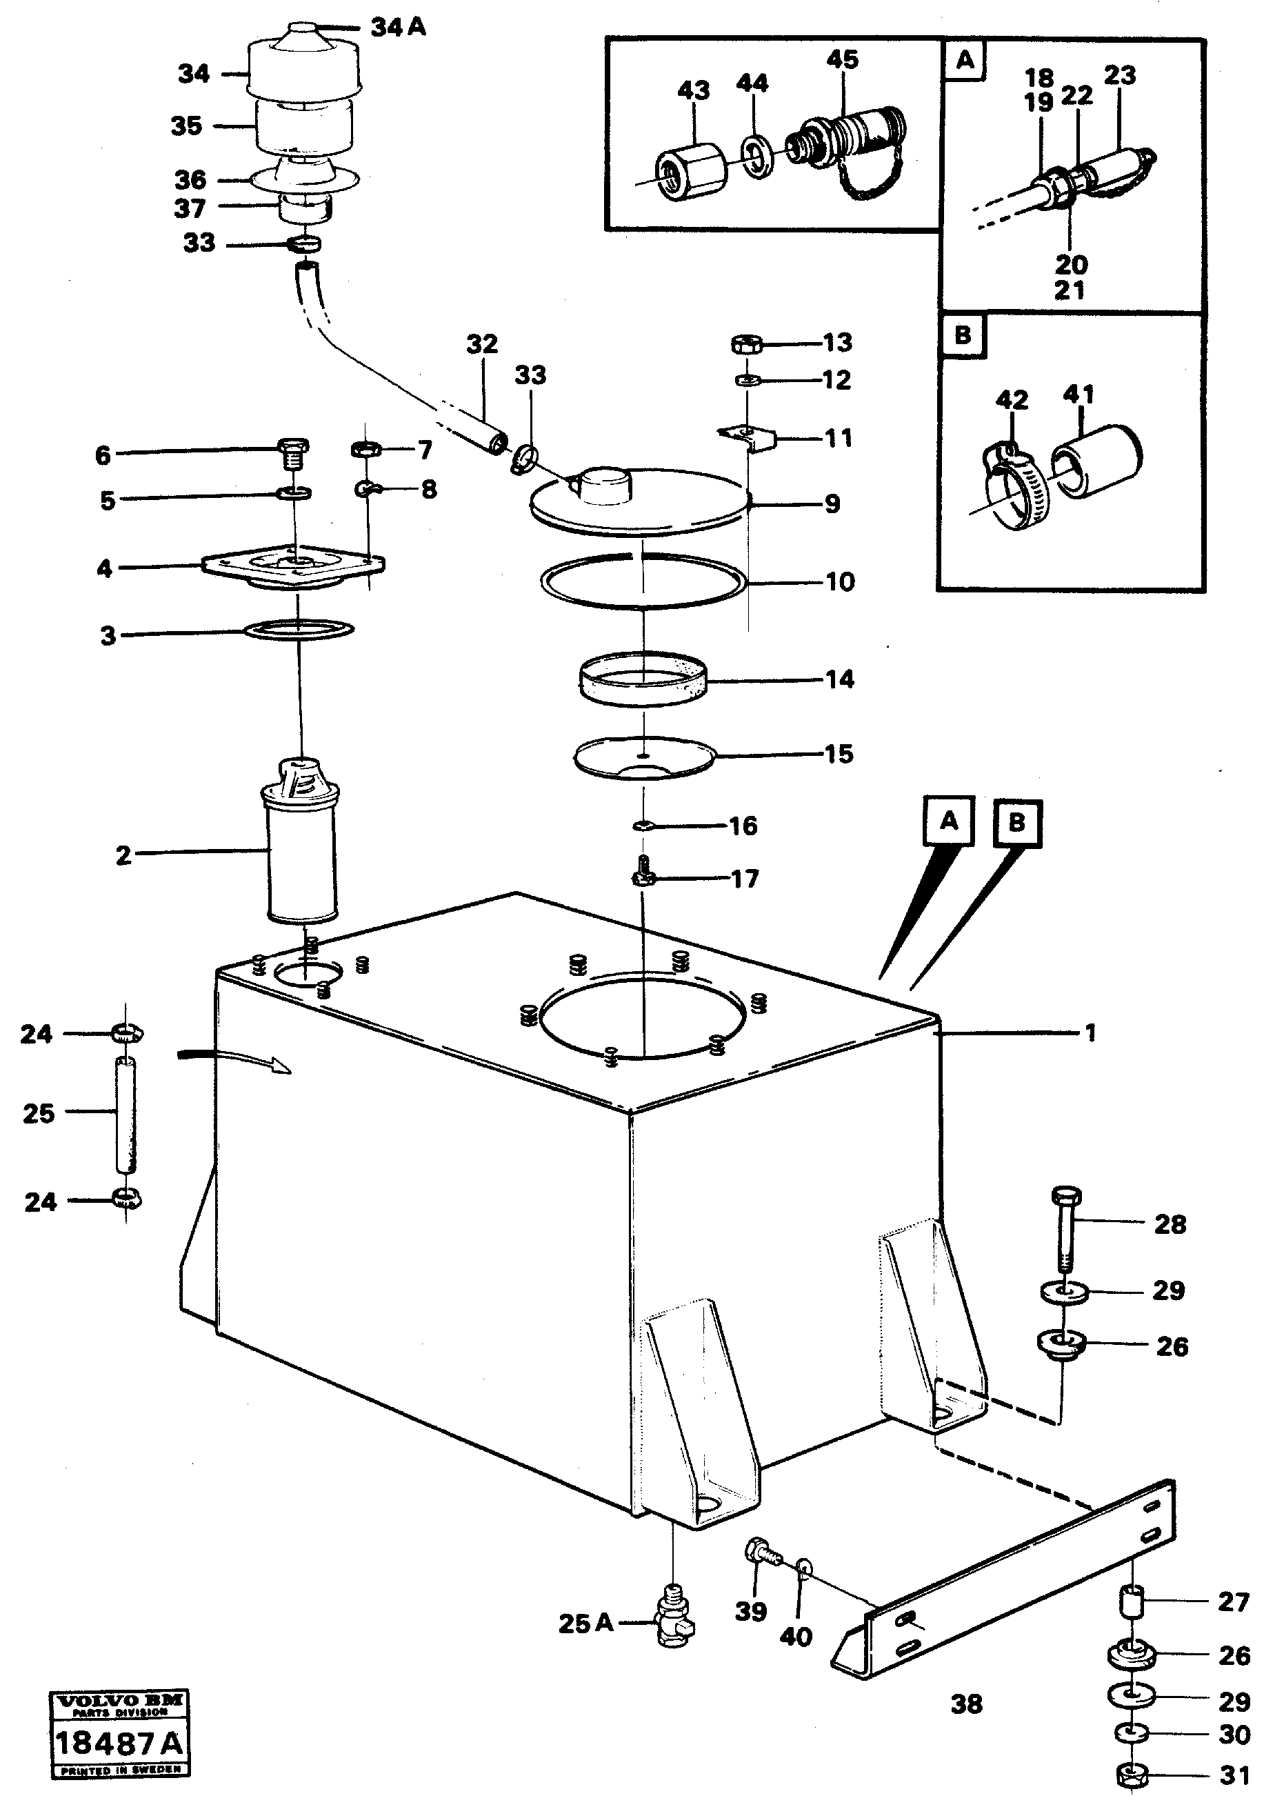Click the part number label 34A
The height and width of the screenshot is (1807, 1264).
pos(399,28)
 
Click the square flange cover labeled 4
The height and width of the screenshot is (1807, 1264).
pos(294,567)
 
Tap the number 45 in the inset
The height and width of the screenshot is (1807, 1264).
pos(842,59)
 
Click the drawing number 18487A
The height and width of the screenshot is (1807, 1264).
pos(119,1744)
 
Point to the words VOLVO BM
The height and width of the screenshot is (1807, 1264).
pos(119,1701)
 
